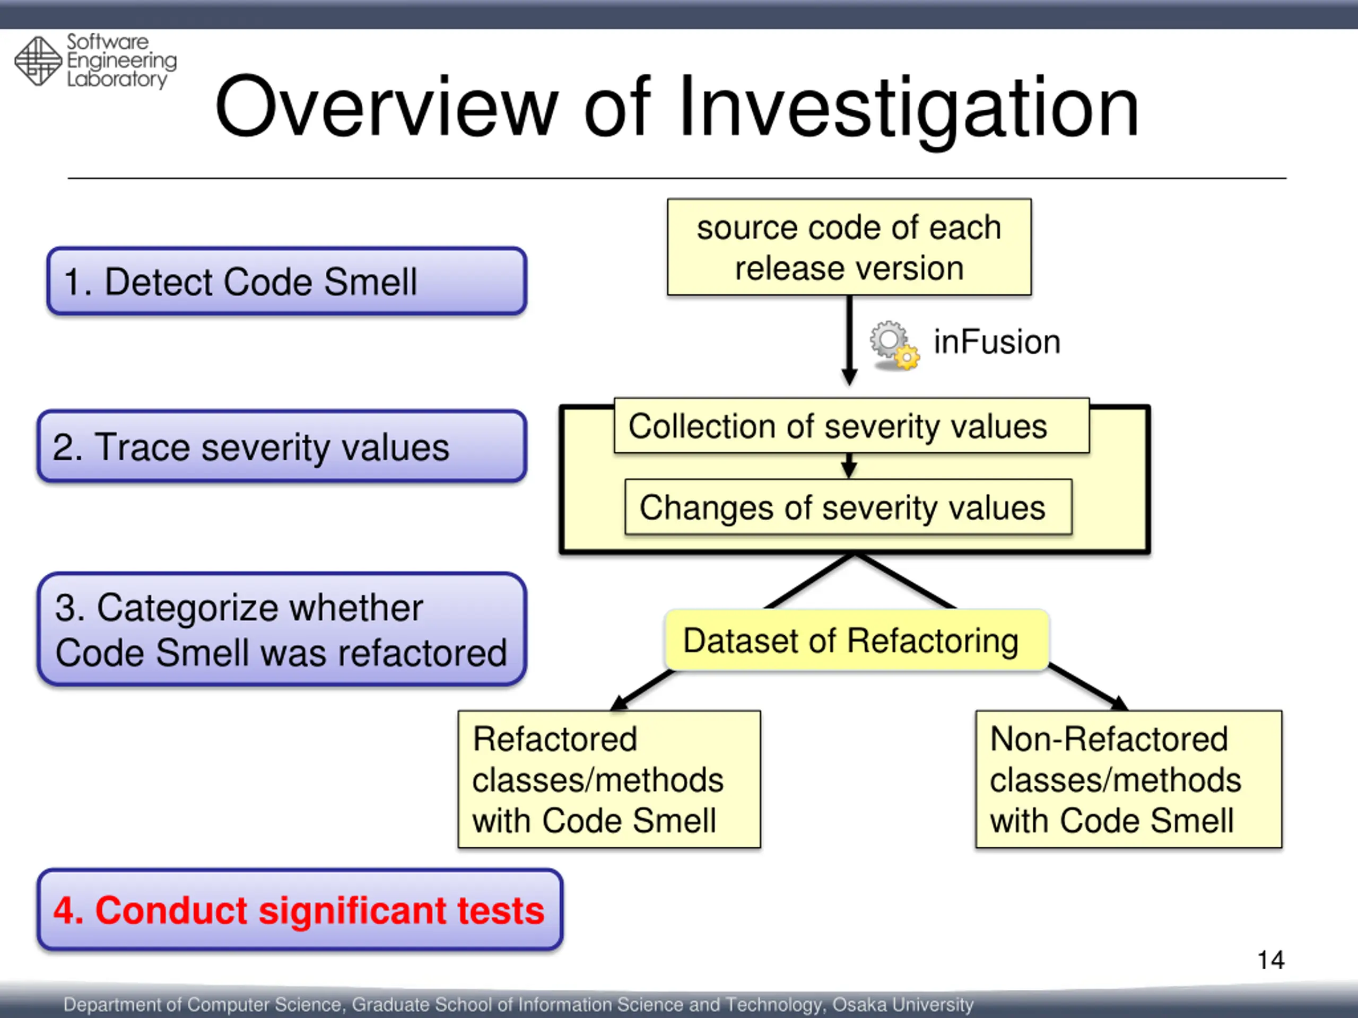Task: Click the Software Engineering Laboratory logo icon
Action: [38, 61]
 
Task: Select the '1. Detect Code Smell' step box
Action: [286, 282]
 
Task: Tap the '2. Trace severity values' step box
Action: [282, 446]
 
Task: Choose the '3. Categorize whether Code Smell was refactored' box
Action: [282, 629]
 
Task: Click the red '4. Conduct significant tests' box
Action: [300, 909]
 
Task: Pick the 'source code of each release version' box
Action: [849, 247]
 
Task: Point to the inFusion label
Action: [996, 342]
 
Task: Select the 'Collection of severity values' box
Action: [851, 426]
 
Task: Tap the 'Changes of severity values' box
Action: [848, 507]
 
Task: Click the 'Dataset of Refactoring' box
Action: [856, 640]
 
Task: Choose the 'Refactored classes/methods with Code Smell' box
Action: [609, 779]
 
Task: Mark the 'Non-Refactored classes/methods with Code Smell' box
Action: [1128, 779]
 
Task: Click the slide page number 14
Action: [1270, 960]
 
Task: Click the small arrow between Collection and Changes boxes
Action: [849, 467]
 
